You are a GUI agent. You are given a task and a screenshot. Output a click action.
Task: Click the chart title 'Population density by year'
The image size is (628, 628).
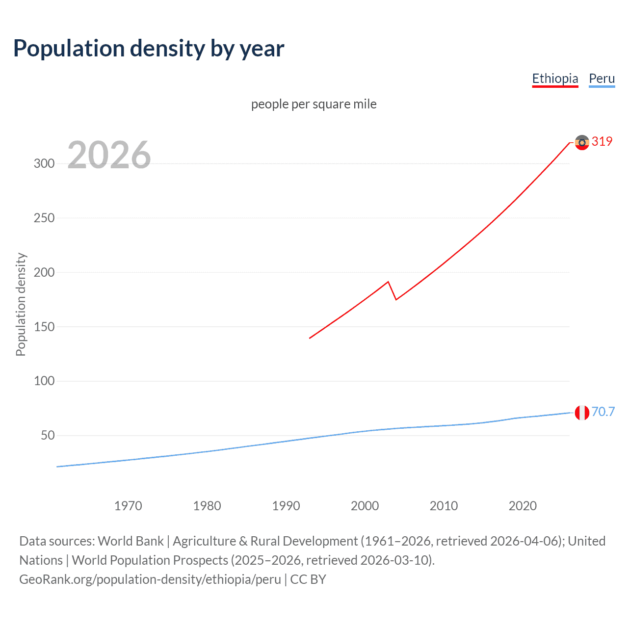click(x=149, y=49)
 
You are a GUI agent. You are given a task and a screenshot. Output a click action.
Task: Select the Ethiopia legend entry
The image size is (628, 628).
click(x=555, y=78)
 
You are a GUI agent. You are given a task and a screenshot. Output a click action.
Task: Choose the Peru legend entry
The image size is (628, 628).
click(x=602, y=78)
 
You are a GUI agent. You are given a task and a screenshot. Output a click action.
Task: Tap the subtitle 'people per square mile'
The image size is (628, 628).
click(x=314, y=104)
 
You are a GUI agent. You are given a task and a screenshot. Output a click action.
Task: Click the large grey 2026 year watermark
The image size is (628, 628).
click(x=109, y=155)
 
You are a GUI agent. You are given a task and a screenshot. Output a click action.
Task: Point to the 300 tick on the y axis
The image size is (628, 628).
click(x=44, y=164)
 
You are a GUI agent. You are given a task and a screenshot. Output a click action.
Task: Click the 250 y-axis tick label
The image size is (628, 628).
click(x=44, y=218)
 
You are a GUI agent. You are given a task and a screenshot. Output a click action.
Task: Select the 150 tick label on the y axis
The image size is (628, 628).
click(x=44, y=327)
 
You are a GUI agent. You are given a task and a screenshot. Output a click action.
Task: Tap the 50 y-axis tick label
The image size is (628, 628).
click(x=48, y=436)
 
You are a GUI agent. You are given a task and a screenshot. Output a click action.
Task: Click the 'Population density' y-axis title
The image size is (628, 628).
click(x=21, y=304)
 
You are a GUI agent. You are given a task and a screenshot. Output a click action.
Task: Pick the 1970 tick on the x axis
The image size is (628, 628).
click(x=128, y=506)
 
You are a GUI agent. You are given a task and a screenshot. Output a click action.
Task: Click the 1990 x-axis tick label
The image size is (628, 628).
click(x=286, y=506)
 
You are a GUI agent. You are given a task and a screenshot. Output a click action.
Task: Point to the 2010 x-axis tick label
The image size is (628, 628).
click(x=444, y=506)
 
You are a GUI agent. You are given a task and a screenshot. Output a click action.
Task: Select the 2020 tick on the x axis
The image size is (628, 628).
click(x=523, y=506)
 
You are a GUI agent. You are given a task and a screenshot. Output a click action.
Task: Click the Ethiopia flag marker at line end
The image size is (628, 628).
click(x=582, y=142)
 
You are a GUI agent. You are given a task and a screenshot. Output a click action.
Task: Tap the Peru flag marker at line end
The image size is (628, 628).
click(x=582, y=413)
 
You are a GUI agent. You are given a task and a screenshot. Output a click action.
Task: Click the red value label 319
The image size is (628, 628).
click(x=602, y=141)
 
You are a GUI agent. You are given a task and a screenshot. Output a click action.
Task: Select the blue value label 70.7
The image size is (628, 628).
click(x=603, y=412)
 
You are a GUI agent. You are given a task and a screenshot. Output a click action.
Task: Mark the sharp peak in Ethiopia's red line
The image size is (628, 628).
click(x=388, y=282)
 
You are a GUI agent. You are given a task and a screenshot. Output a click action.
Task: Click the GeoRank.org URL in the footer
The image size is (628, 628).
click(x=150, y=579)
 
